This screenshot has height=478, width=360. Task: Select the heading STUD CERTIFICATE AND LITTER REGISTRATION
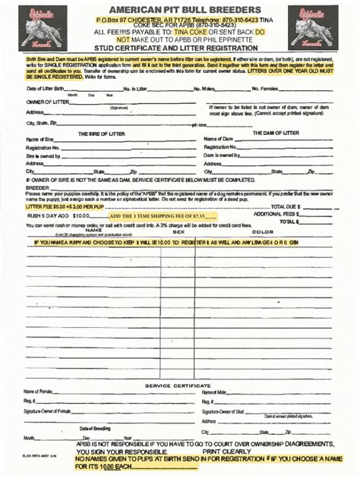tap(180, 49)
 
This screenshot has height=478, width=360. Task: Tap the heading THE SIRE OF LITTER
tap(104, 133)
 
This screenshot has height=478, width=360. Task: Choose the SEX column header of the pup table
tap(179, 231)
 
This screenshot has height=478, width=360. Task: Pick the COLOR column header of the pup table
tap(263, 231)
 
